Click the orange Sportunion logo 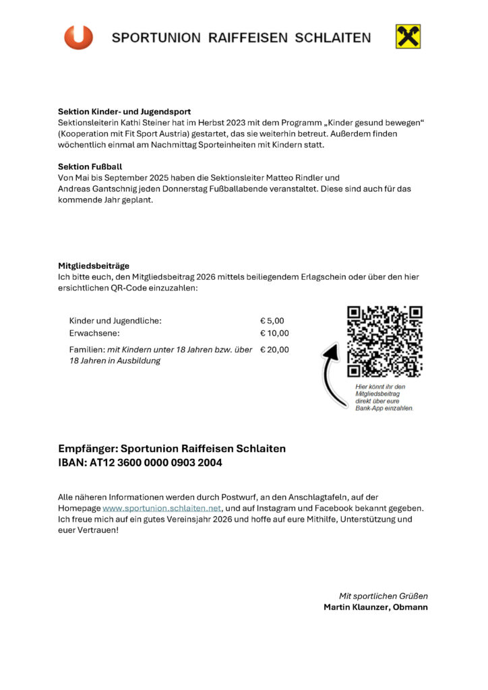(x=78, y=37)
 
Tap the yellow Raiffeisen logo (x=408, y=37)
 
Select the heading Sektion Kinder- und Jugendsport (x=124, y=111)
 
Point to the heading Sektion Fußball (x=90, y=166)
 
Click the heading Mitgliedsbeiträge (x=94, y=265)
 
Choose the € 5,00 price (x=272, y=321)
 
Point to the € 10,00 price (x=274, y=333)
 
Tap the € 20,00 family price (x=274, y=350)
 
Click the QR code (x=384, y=341)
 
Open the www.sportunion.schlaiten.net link (x=162, y=508)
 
